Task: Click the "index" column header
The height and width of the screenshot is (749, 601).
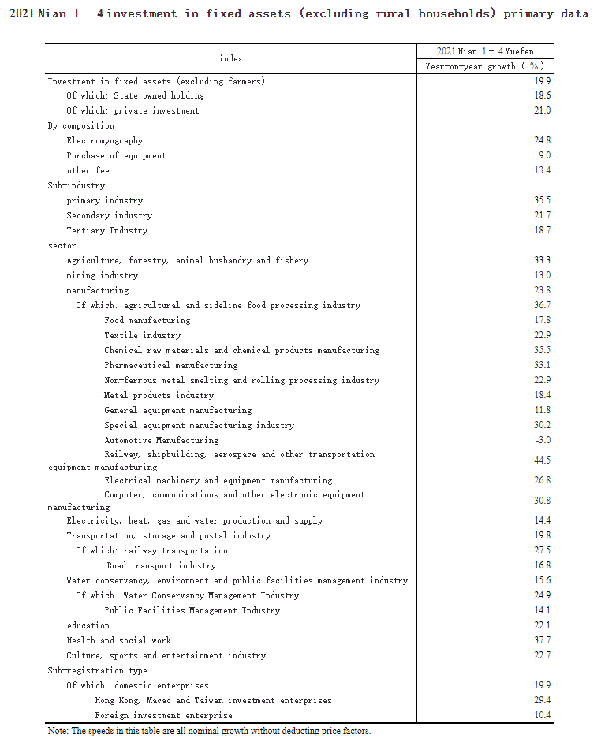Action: tap(230, 58)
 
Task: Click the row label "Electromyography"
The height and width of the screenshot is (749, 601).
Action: tap(105, 140)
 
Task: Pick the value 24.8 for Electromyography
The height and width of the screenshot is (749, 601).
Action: tap(542, 140)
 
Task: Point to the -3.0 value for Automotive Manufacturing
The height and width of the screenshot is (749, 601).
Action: tap(542, 440)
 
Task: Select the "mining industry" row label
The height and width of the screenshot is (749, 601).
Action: tap(102, 275)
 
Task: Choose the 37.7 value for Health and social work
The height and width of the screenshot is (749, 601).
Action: tap(542, 640)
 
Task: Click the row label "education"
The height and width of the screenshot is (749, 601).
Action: tap(88, 625)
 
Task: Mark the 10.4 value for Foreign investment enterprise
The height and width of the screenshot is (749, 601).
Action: tap(542, 715)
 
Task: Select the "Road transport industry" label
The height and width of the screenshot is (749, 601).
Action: tap(161, 565)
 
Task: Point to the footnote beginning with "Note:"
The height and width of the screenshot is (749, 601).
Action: tap(209, 731)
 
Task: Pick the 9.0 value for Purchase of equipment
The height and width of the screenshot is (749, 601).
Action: tap(544, 155)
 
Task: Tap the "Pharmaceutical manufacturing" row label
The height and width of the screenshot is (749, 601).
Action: tap(170, 365)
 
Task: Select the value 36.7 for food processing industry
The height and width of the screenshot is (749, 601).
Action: tap(542, 305)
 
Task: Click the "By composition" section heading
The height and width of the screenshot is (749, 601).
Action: tap(80, 125)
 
